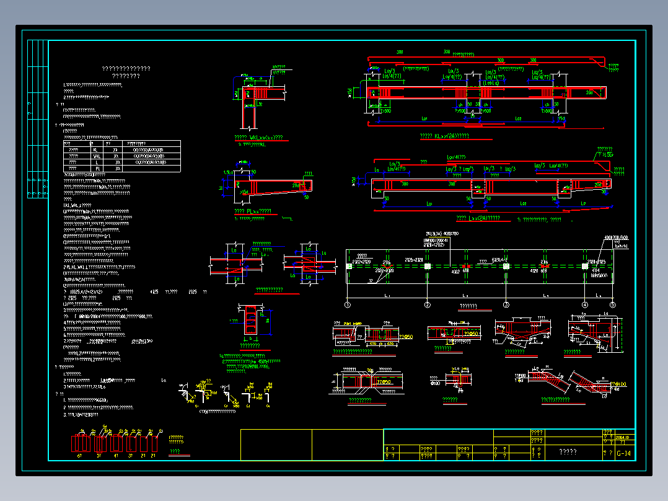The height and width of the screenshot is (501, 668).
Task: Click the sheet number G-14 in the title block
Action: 624,454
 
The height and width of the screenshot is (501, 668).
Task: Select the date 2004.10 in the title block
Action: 624,437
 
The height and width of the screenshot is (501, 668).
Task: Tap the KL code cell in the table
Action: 95,149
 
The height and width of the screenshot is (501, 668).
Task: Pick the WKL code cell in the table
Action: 96,156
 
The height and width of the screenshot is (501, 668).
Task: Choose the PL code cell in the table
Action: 96,169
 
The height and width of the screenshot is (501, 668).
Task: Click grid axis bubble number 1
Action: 348,305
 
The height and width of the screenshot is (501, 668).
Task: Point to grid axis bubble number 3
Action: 506,305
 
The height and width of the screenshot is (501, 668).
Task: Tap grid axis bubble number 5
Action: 612,305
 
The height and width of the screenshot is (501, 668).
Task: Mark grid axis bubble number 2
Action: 427,305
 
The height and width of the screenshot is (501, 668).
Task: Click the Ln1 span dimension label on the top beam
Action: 424,117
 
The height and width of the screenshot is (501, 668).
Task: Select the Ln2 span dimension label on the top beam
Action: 518,117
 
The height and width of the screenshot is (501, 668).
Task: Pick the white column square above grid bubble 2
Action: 427,266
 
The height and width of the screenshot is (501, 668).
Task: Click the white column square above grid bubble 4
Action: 584,266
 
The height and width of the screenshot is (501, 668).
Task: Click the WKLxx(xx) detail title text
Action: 258,137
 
